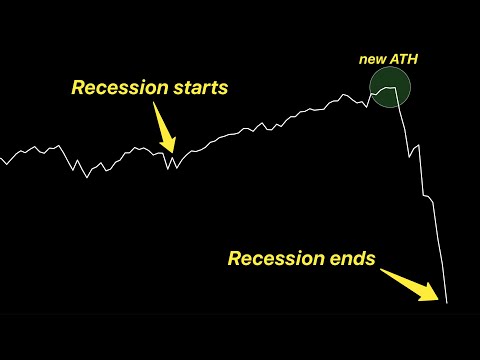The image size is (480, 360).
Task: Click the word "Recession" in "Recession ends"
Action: [272, 259]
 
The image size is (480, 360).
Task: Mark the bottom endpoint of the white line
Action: [447, 302]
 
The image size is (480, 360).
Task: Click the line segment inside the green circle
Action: [388, 92]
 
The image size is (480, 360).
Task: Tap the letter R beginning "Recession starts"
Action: [77, 88]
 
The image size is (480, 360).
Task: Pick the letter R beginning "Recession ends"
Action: [234, 259]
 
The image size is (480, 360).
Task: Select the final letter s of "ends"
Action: [370, 260]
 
